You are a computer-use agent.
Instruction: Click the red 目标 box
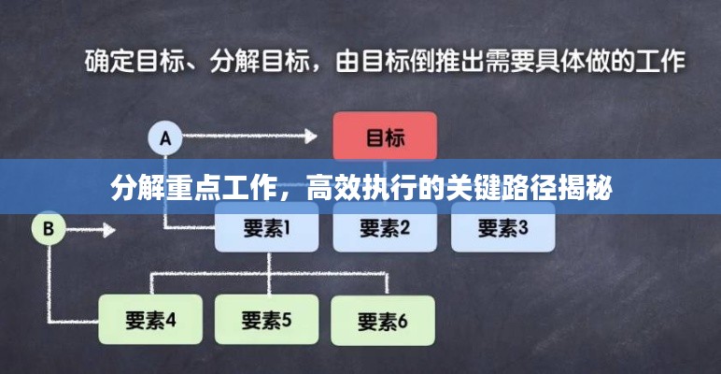385,136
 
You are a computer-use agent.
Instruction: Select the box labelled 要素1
267,227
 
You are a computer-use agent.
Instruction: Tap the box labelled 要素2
385,227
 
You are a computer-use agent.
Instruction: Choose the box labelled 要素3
503,227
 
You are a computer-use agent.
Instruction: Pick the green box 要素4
150,320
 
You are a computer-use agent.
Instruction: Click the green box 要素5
267,320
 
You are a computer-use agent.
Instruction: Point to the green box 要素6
383,321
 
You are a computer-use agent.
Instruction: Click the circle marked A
165,137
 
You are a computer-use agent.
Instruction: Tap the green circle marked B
49,228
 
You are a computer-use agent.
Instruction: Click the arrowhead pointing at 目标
311,136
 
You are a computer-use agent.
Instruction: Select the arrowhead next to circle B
109,230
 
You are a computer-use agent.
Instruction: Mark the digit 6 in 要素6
403,321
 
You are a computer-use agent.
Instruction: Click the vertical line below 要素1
269,274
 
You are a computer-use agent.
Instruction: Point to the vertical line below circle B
49,283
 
